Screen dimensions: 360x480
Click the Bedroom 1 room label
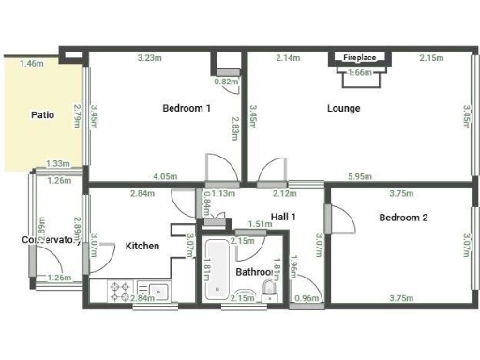click(186, 109)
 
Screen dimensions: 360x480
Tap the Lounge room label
click(343, 109)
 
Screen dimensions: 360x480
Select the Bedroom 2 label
click(403, 217)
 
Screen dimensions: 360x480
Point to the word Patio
click(41, 115)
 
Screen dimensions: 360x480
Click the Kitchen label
click(142, 246)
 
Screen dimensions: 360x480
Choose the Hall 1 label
click(283, 217)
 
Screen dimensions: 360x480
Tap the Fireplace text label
click(359, 58)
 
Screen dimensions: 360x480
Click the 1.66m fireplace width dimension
click(359, 72)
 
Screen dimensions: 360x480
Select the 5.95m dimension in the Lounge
click(359, 176)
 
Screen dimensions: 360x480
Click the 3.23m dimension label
click(151, 58)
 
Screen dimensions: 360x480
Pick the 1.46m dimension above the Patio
click(31, 64)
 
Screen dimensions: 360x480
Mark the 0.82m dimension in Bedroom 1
click(226, 82)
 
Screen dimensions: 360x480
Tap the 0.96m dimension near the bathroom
click(307, 299)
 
